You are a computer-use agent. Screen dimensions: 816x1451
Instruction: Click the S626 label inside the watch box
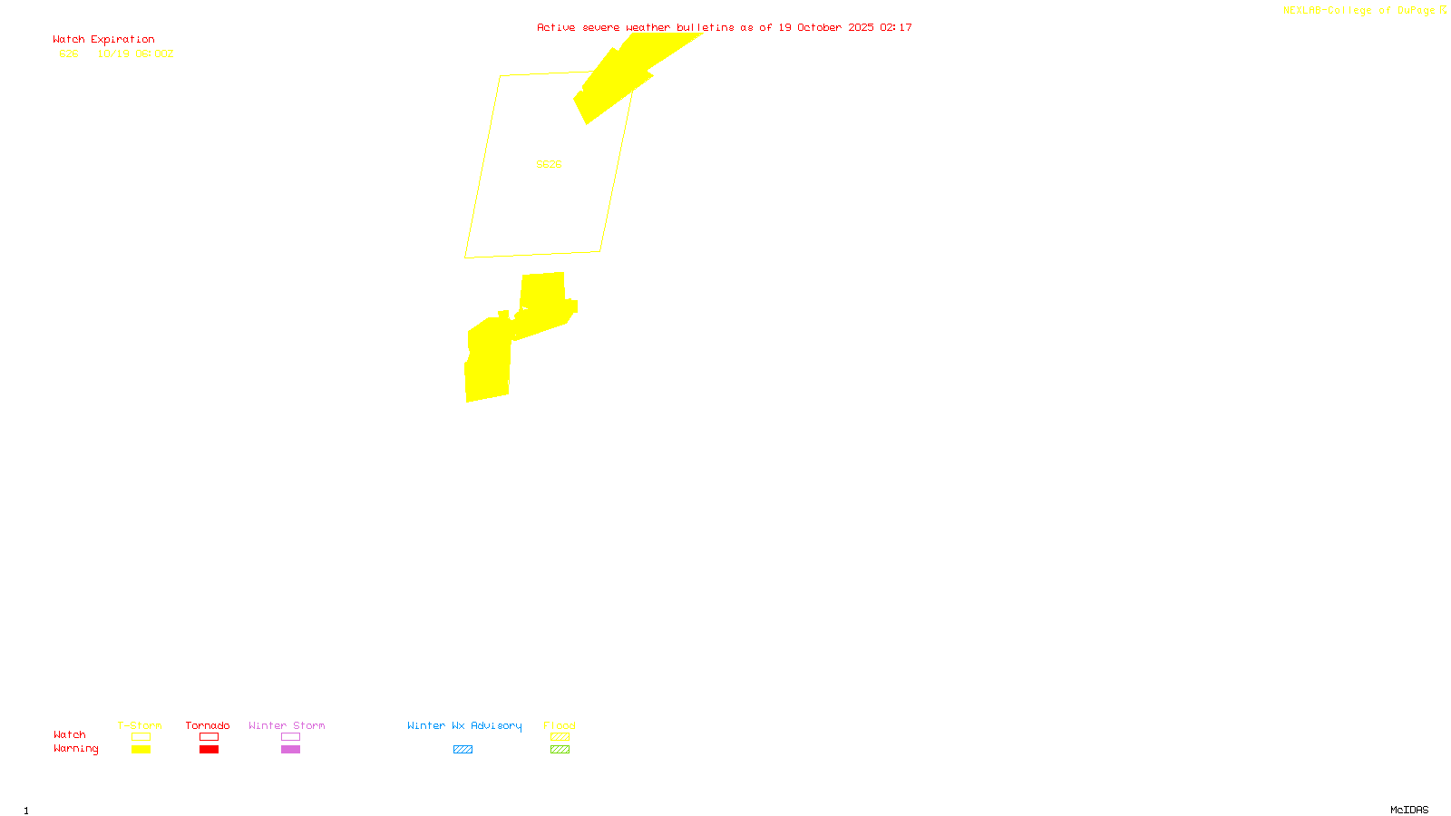[x=549, y=164]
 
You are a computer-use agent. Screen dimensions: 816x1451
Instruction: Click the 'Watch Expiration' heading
[x=103, y=40]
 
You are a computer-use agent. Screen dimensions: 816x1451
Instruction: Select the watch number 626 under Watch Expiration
[x=69, y=53]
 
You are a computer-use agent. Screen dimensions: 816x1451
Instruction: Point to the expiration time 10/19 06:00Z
[x=135, y=53]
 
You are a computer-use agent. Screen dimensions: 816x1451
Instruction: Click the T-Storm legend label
[x=140, y=725]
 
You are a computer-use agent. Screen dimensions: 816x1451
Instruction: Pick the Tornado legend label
[x=208, y=725]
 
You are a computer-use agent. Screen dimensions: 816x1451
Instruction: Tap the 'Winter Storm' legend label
[x=287, y=725]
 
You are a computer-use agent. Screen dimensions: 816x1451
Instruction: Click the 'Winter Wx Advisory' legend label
[x=464, y=725]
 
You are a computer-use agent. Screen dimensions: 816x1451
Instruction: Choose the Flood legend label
[x=560, y=725]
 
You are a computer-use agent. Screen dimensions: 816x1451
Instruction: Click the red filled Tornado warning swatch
[x=209, y=750]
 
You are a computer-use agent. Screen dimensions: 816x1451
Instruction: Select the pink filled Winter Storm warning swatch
[x=290, y=750]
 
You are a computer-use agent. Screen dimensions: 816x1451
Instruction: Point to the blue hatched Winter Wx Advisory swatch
[x=463, y=750]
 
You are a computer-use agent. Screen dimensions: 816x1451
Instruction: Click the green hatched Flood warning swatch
[x=560, y=750]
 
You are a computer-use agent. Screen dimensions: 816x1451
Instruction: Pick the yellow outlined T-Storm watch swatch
[x=141, y=737]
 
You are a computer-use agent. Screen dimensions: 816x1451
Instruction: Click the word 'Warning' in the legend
[x=75, y=749]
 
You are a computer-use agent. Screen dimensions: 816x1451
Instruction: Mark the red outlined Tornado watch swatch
[x=209, y=737]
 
